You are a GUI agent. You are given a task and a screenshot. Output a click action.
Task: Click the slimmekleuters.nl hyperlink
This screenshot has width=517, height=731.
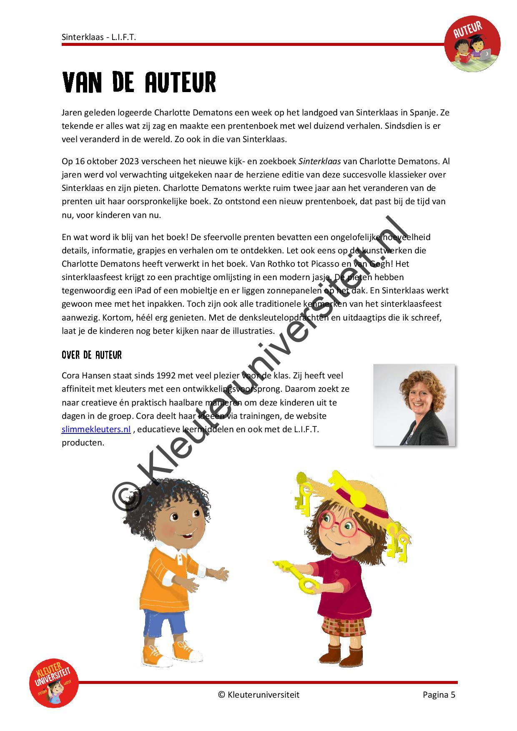pyautogui.click(x=96, y=429)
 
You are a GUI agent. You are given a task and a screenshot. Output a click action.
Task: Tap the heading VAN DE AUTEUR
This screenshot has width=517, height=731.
pyautogui.click(x=139, y=82)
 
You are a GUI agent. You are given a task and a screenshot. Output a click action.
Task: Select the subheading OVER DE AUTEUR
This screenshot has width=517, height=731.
pyautogui.click(x=92, y=355)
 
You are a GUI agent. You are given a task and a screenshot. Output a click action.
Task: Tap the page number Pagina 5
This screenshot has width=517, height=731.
pyautogui.click(x=439, y=694)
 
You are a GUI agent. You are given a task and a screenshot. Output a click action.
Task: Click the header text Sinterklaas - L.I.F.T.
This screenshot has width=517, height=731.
pyautogui.click(x=99, y=37)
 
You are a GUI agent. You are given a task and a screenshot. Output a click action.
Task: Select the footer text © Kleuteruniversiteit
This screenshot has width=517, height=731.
pyautogui.click(x=258, y=694)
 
